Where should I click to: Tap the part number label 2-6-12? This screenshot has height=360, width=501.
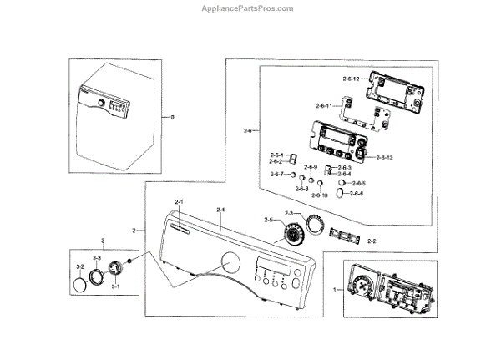(x=351, y=79)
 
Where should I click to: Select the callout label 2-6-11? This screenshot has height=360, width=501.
(x=325, y=106)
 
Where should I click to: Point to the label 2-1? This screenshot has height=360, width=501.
(x=179, y=203)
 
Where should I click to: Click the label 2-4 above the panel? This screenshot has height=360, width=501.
(x=220, y=208)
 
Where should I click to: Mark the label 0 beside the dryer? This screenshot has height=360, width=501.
(x=173, y=116)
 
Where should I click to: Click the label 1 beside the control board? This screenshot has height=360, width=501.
(x=336, y=289)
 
